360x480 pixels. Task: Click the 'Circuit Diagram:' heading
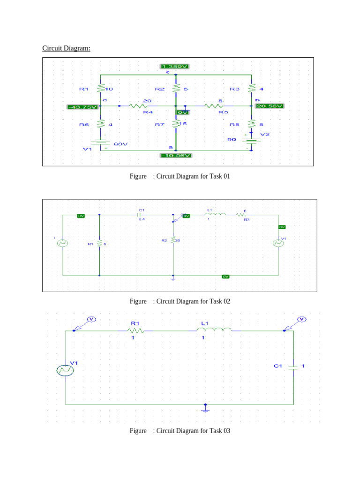(66, 48)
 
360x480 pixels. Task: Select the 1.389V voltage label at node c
(175, 67)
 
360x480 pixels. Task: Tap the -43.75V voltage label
(82, 106)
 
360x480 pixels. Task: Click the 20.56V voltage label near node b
(270, 106)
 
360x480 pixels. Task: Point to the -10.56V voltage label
(175, 155)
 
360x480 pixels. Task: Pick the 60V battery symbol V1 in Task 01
(101, 142)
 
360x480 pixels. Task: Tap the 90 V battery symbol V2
(252, 139)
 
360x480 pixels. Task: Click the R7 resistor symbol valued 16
(176, 124)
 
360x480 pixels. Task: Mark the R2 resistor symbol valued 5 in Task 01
(176, 88)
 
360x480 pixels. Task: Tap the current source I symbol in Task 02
(62, 243)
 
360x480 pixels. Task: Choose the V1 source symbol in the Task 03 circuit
(65, 370)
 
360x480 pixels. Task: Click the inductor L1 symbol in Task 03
(216, 330)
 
